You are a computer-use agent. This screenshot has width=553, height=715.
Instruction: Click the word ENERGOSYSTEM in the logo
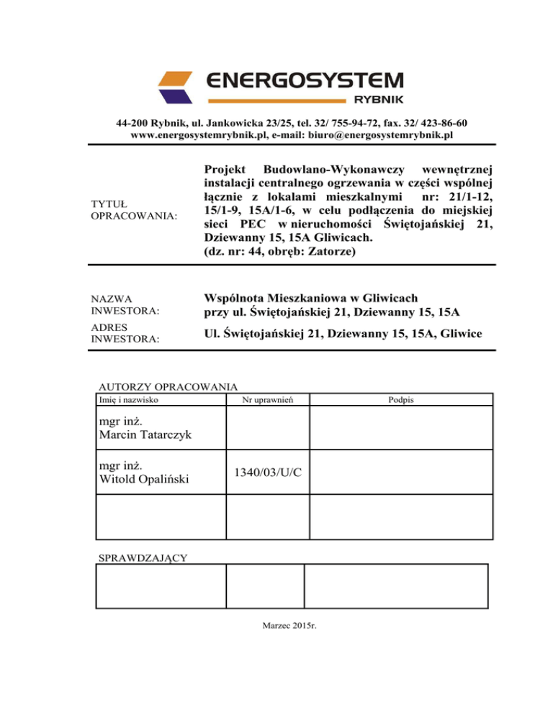(305, 80)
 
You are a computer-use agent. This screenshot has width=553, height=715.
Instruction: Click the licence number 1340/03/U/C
(269, 473)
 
